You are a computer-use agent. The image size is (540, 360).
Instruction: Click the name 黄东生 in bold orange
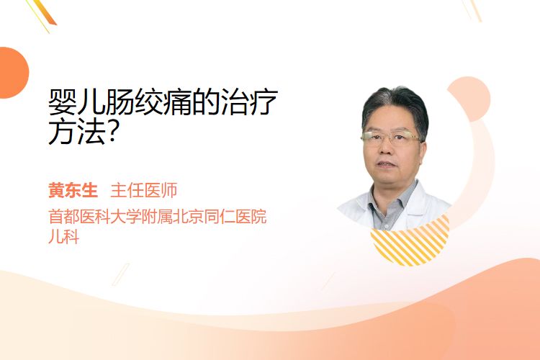pos(73,190)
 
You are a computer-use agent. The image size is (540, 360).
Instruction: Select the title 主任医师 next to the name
pos(143,190)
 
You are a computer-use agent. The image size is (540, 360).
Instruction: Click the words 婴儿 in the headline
pos(77,102)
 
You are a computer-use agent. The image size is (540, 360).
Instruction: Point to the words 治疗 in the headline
pos(249,102)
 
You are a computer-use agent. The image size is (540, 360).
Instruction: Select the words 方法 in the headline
pos(77,132)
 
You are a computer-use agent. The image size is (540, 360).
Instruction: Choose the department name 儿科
pos(64,237)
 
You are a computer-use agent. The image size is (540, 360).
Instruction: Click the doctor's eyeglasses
pos(390,137)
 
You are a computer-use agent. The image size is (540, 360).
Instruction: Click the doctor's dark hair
pos(396,104)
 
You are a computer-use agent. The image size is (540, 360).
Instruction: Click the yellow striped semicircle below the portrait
pos(410,241)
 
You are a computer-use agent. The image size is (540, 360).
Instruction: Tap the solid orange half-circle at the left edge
pos(13,73)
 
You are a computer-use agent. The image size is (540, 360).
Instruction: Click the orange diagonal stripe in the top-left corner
pos(45,12)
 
